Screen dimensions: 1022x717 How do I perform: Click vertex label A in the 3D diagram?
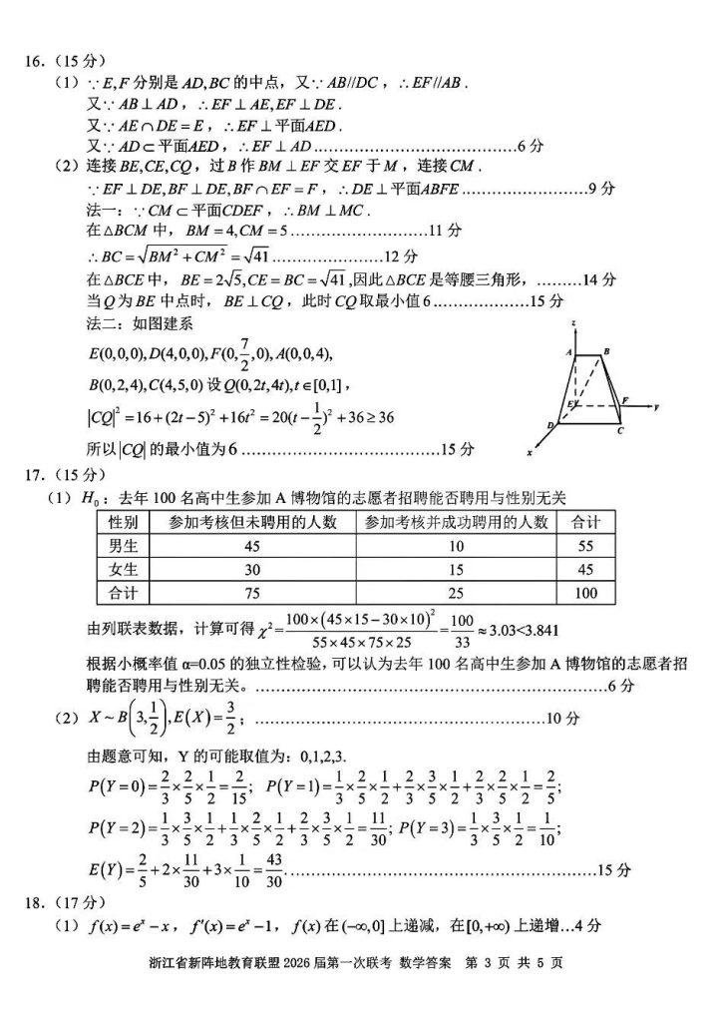(566, 351)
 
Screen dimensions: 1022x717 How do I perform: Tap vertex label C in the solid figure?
(620, 431)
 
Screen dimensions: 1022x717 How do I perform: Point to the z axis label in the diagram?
(576, 324)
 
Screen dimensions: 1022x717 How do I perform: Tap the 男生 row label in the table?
(129, 546)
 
